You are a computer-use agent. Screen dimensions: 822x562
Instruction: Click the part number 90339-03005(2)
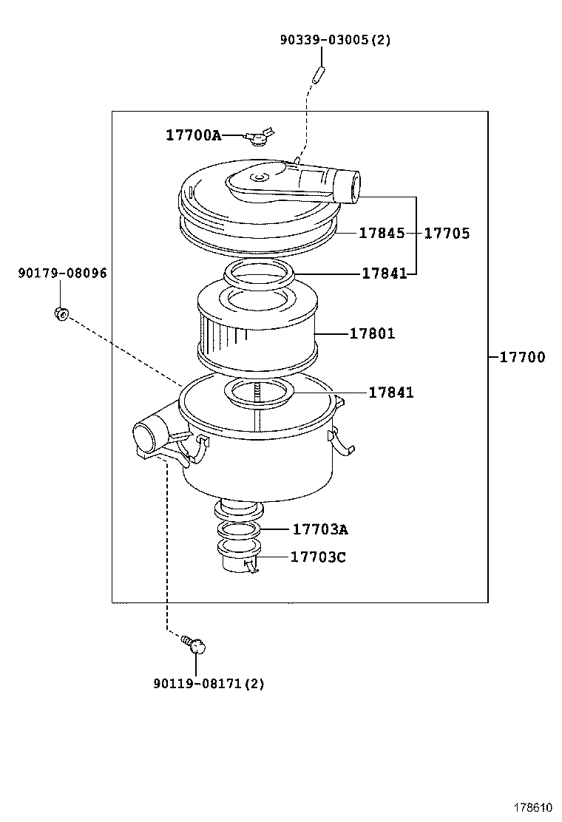(335, 40)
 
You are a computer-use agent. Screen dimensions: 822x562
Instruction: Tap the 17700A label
(193, 135)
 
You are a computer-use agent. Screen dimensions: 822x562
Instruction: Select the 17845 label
(382, 233)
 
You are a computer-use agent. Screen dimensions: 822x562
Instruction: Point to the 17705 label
(447, 233)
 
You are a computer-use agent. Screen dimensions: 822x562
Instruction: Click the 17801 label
(372, 333)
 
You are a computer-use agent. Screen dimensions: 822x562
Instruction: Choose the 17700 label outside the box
(522, 357)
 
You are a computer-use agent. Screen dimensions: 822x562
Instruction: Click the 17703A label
(320, 529)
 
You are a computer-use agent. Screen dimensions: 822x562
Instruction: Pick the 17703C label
(318, 557)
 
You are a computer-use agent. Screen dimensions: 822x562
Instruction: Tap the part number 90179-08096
(62, 273)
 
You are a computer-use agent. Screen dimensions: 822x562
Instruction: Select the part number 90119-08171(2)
(209, 684)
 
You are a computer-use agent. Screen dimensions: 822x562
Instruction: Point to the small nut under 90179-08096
(61, 313)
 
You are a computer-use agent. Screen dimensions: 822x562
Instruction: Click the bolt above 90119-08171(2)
(195, 645)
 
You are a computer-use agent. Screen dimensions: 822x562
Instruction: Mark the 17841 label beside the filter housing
(391, 393)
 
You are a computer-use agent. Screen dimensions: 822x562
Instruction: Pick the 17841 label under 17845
(384, 274)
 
